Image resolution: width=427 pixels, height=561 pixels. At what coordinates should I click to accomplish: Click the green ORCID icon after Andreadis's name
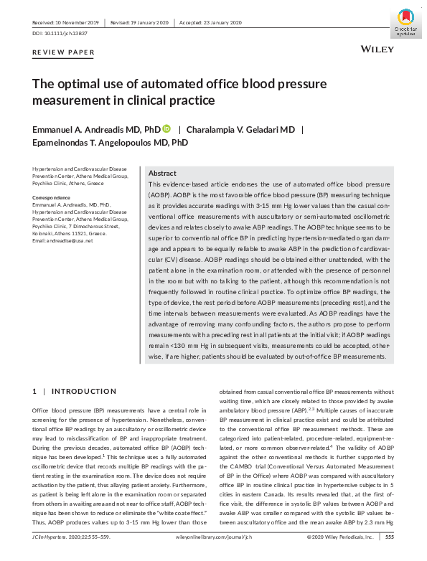point(166,129)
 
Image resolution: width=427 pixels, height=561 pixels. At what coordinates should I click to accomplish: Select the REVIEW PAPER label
point(63,53)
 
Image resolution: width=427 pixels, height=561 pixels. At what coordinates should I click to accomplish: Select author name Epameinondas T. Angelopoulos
point(111,143)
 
